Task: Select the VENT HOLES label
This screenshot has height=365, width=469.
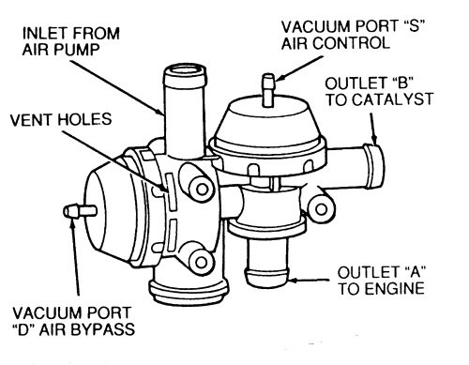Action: point(61,119)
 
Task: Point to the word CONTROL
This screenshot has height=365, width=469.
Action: point(352,43)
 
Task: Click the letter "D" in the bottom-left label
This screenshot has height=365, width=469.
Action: point(25,329)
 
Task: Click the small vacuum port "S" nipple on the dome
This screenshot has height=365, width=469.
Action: point(268,90)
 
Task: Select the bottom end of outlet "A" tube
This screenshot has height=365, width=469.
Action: point(266,279)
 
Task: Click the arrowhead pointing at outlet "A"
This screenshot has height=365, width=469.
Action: point(295,280)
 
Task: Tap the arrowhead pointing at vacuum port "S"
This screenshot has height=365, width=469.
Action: point(280,77)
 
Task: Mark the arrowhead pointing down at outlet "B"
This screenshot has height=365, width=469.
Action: point(374,138)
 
